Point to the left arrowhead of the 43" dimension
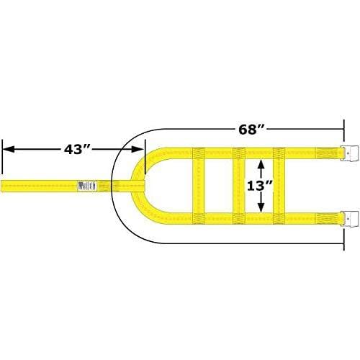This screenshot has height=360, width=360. click(9, 149)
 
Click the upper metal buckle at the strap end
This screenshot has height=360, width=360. click(348, 153)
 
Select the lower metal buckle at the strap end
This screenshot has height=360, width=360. click(348, 216)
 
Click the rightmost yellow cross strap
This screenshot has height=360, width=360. click(279, 184)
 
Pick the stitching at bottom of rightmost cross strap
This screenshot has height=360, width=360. click(279, 216)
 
